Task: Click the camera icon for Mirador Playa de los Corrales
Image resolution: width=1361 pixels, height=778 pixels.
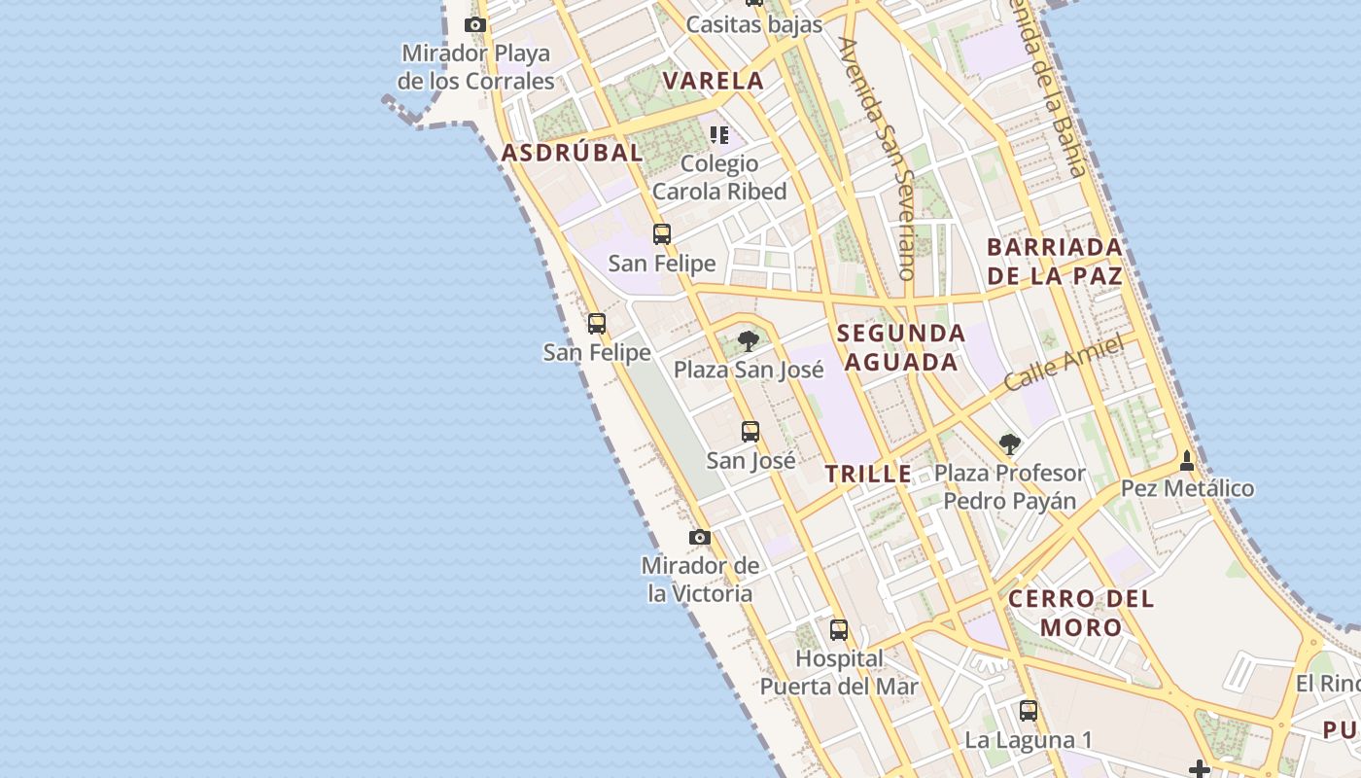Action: pyautogui.click(x=474, y=25)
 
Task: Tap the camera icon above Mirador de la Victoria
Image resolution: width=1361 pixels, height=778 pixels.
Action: pyautogui.click(x=700, y=538)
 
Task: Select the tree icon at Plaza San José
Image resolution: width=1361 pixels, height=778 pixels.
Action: pyautogui.click(x=749, y=340)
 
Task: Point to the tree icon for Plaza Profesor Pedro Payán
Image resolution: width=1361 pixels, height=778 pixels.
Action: pyautogui.click(x=1010, y=444)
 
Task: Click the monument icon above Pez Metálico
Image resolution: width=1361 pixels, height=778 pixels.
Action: pyautogui.click(x=1187, y=460)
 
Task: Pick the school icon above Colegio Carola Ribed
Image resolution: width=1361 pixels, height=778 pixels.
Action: pyautogui.click(x=719, y=135)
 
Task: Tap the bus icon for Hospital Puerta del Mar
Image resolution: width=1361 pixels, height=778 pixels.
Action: pyautogui.click(x=839, y=629)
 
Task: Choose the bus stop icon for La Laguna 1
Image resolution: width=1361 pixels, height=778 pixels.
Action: pyautogui.click(x=1029, y=711)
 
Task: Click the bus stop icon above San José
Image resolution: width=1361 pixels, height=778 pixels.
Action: pyautogui.click(x=750, y=432)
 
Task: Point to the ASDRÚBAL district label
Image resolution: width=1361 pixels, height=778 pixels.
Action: pyautogui.click(x=572, y=153)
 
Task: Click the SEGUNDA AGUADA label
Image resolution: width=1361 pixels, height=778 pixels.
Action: pyautogui.click(x=901, y=348)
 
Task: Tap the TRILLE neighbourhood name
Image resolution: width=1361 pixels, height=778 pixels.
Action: pyautogui.click(x=868, y=475)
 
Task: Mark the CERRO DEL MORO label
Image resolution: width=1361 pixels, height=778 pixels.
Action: pyautogui.click(x=1081, y=613)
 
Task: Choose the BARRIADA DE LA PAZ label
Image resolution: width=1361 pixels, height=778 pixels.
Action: pyautogui.click(x=1055, y=262)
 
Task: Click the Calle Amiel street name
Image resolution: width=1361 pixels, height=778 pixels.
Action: pyautogui.click(x=1064, y=363)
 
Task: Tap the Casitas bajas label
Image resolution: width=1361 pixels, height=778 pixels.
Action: pyautogui.click(x=754, y=24)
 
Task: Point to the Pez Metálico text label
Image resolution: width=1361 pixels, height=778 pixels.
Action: pyautogui.click(x=1188, y=488)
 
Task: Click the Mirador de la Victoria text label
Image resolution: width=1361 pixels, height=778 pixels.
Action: pyautogui.click(x=700, y=580)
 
